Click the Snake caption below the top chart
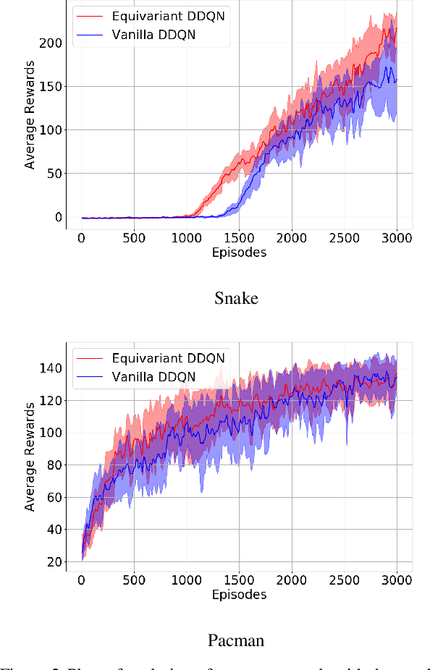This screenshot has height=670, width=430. [236, 298]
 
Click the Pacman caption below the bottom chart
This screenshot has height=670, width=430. [236, 640]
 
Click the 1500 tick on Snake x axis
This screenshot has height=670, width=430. [239, 238]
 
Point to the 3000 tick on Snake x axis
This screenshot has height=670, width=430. [397, 238]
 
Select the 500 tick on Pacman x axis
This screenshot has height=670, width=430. [133, 580]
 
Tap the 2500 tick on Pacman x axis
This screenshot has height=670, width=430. [344, 580]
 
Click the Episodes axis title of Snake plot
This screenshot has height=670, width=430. [239, 253]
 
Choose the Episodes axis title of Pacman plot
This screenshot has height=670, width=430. [239, 595]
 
